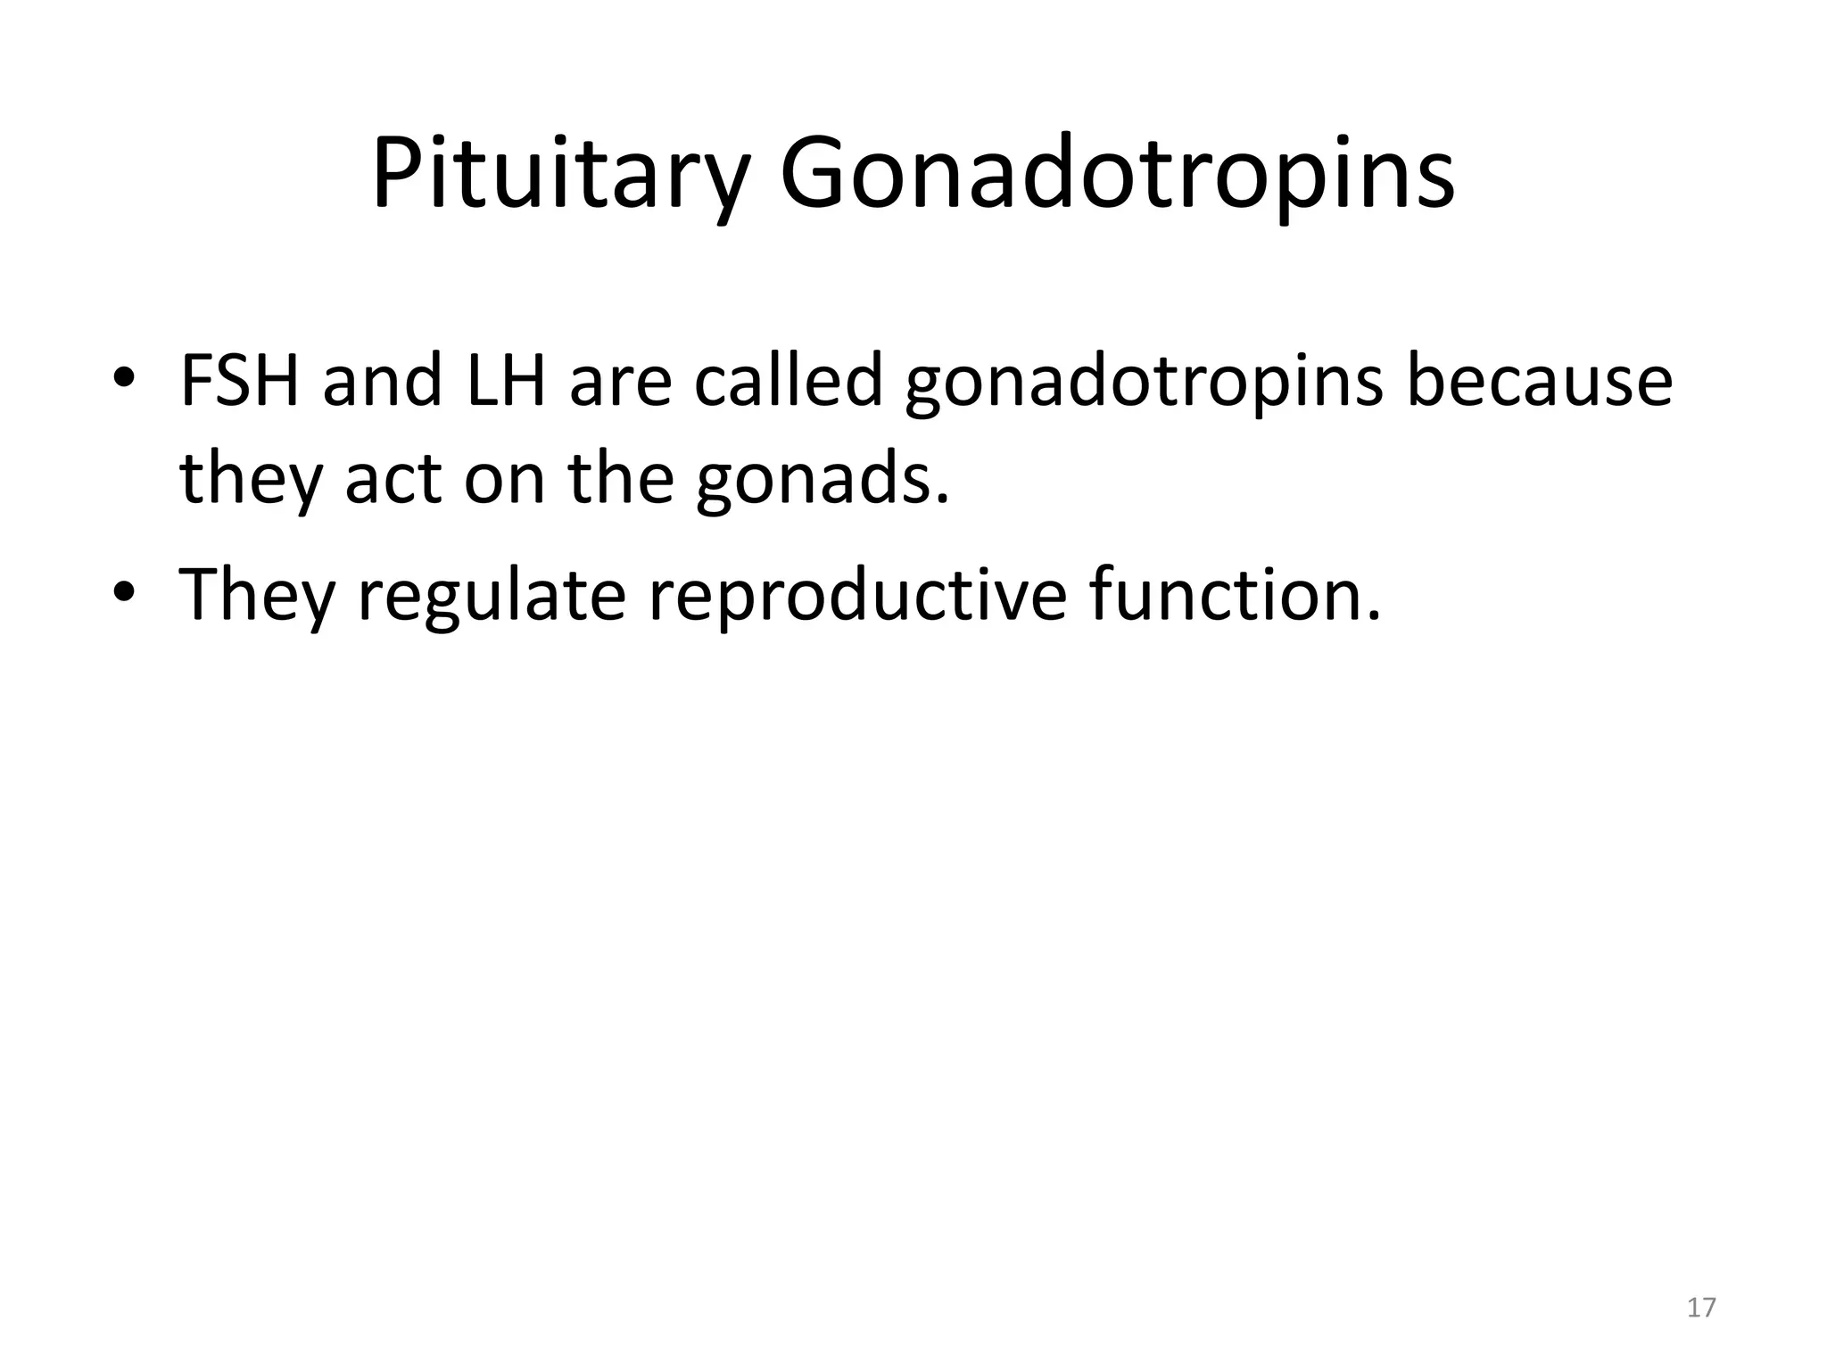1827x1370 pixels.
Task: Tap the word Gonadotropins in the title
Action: (x=1117, y=175)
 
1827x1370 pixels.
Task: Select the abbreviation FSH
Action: (x=239, y=382)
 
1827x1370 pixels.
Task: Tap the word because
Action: (x=1539, y=382)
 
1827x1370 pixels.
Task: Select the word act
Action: (x=393, y=480)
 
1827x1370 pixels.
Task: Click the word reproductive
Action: (x=857, y=596)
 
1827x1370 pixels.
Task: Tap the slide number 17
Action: (x=1701, y=1308)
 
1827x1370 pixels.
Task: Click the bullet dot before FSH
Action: (x=124, y=378)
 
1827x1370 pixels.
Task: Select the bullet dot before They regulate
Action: (x=124, y=591)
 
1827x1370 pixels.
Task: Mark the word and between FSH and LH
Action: (x=382, y=382)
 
